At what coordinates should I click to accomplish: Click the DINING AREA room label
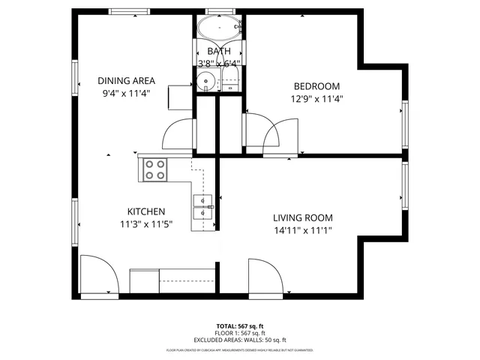tap(126, 81)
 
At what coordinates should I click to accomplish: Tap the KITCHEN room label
tap(145, 211)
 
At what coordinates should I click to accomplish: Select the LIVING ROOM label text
tap(302, 217)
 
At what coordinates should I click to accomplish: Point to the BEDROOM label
tap(316, 86)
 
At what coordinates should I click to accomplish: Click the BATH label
tap(219, 51)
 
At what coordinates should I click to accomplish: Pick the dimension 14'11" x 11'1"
tap(302, 230)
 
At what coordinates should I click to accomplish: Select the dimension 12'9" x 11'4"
tap(316, 98)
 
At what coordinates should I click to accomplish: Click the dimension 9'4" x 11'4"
tap(126, 94)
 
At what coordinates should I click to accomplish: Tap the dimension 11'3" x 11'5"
tap(145, 223)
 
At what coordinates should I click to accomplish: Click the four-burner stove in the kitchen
tap(155, 169)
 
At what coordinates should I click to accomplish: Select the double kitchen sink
tap(203, 206)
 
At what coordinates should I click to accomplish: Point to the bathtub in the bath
tap(220, 30)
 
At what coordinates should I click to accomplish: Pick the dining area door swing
tap(178, 135)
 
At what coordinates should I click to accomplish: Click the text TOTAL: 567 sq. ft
tap(240, 326)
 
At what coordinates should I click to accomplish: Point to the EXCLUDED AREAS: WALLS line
tap(240, 340)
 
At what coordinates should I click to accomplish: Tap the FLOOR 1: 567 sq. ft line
tap(240, 333)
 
